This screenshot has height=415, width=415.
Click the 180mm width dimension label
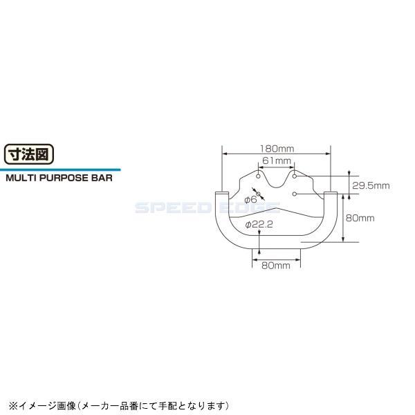coord(277,148)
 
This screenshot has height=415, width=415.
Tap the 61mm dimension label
coord(277,160)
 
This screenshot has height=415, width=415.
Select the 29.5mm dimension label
coord(371,185)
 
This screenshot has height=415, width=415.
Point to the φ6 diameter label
coord(251,199)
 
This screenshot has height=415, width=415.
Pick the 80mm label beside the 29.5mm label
coord(359,218)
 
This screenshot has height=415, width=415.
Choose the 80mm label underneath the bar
coord(276,266)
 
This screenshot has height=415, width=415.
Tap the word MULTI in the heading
coord(20,176)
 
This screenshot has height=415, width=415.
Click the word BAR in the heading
coord(100,176)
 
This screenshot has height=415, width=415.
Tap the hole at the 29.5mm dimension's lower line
coord(295,194)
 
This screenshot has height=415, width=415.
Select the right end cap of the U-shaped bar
coord(332,194)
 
